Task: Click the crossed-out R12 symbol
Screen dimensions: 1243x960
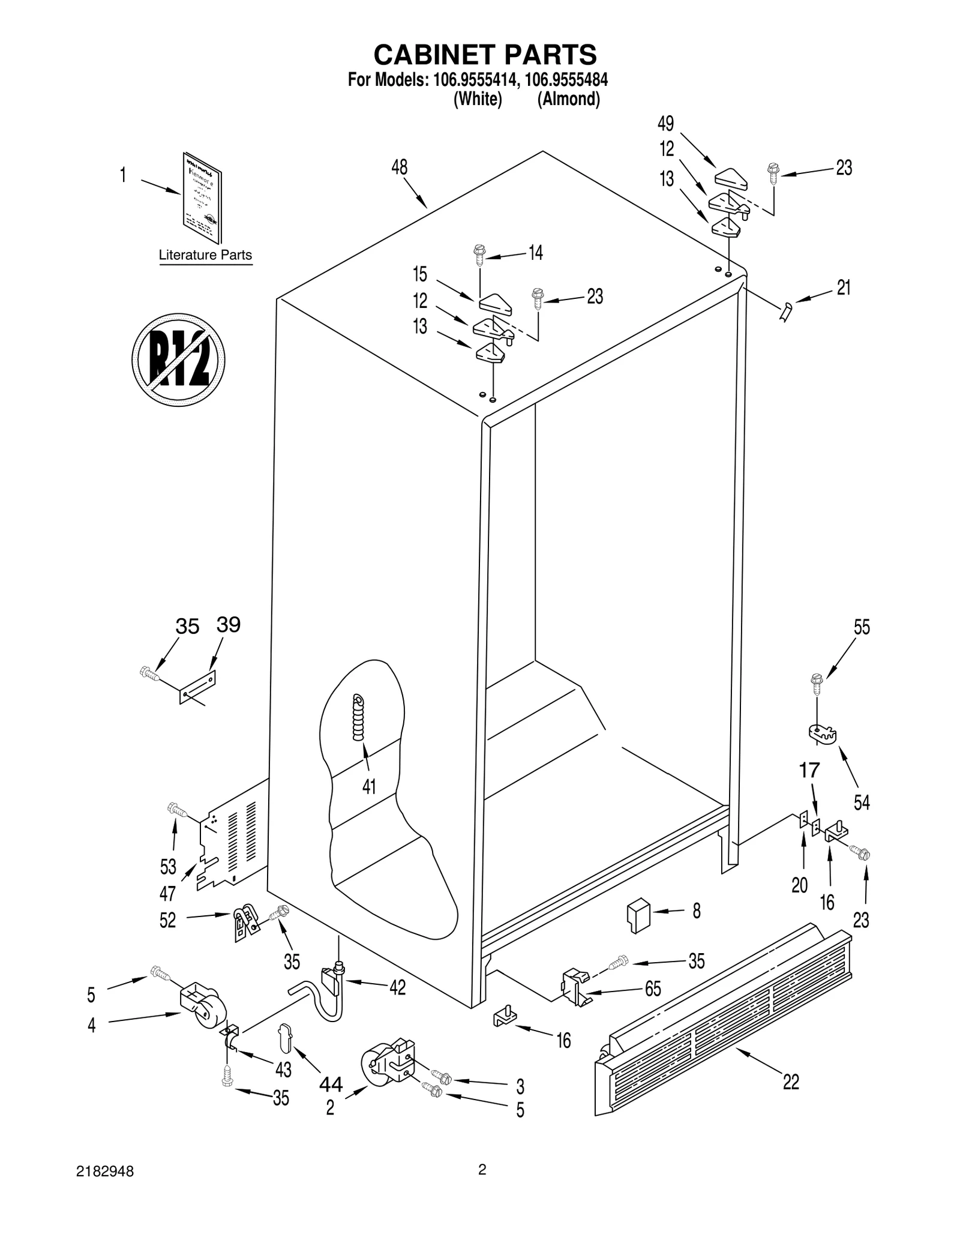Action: (178, 359)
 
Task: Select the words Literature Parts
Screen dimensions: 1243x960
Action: (205, 255)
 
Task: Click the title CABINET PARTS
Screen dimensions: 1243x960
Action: (485, 55)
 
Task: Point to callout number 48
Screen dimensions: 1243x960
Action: (400, 167)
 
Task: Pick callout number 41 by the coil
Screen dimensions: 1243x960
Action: (369, 786)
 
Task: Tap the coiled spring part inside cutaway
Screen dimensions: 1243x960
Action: (358, 717)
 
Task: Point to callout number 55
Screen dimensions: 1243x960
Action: (862, 627)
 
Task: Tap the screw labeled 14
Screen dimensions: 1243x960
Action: (479, 254)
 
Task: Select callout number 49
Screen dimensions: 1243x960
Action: (666, 124)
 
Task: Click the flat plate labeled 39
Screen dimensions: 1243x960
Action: (198, 687)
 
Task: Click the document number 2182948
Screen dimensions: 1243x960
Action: (105, 1172)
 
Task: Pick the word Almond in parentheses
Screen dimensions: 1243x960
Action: (568, 100)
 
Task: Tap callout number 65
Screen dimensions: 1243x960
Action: (653, 989)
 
